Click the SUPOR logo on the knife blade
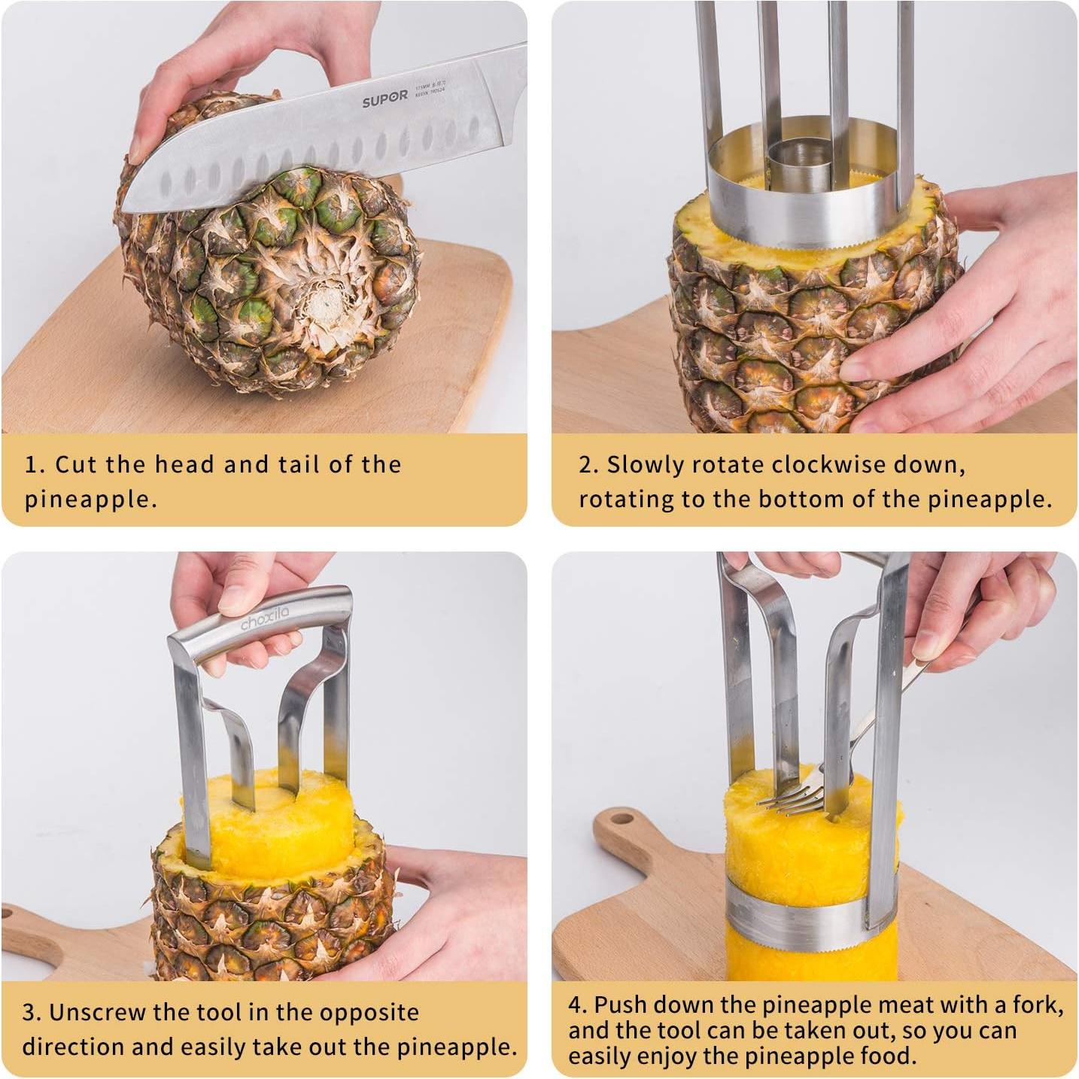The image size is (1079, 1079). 384,100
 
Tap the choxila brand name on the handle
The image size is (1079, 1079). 264,619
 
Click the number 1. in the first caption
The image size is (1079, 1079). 35,464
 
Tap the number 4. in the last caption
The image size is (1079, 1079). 577,1005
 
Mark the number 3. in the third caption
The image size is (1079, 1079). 32,1012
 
